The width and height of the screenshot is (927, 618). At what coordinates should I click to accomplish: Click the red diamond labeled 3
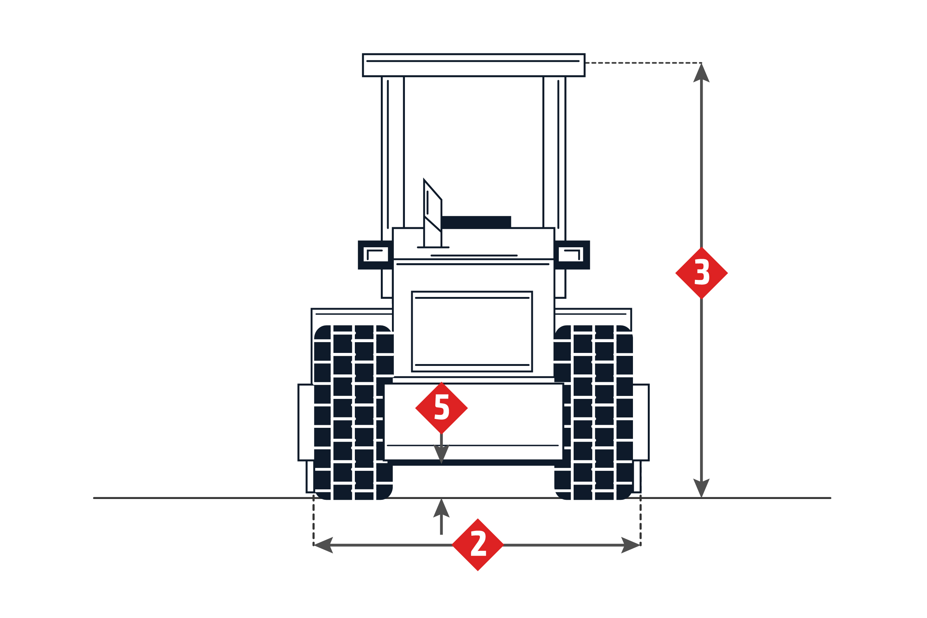click(701, 273)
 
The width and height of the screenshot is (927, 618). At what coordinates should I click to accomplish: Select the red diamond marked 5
click(441, 408)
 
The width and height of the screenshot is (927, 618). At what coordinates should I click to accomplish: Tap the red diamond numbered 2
click(477, 545)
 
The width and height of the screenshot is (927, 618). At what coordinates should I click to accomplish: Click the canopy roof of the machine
click(474, 65)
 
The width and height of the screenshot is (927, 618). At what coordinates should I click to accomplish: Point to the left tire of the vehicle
click(353, 412)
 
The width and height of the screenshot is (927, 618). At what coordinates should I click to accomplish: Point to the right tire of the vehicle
click(593, 412)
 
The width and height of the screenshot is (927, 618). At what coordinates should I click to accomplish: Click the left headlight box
click(375, 255)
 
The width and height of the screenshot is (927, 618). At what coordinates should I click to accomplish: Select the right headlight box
click(572, 255)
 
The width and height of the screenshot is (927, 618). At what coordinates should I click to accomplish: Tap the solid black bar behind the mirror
click(476, 222)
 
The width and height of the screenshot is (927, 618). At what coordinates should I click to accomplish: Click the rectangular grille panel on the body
click(472, 331)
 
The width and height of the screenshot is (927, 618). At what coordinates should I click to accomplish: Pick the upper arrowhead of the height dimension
click(701, 73)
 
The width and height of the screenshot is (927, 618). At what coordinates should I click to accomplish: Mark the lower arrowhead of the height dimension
click(701, 488)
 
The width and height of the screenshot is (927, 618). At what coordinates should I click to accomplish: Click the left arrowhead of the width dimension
click(323, 545)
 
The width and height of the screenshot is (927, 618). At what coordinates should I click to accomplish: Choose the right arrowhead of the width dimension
click(630, 545)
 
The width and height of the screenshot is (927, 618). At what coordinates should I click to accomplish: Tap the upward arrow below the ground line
click(441, 516)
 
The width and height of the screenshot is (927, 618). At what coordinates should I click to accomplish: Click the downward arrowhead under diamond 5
click(441, 454)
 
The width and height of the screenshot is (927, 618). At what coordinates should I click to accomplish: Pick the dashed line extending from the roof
click(643, 63)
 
